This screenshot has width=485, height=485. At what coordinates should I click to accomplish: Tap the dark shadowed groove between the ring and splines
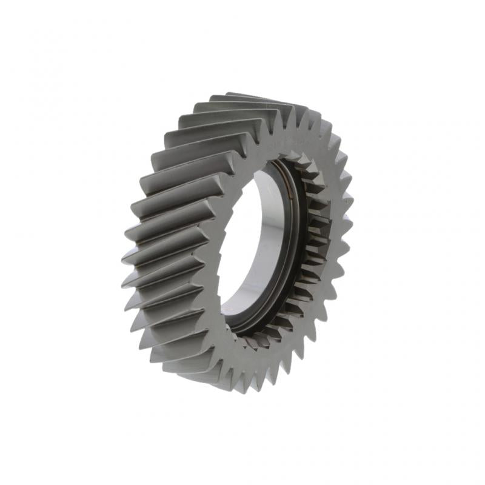coord(300,255)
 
